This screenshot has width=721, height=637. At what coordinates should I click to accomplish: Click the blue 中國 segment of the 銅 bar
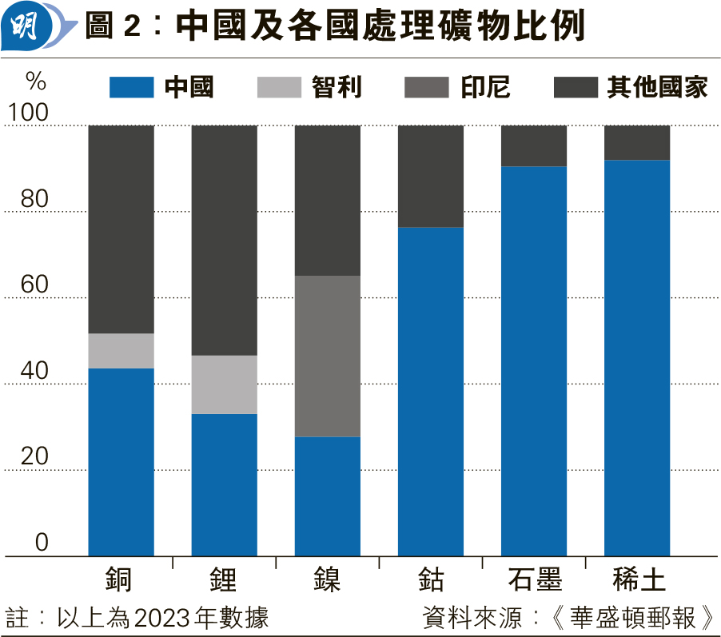121,462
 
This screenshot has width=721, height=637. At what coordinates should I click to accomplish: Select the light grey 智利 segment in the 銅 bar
121,351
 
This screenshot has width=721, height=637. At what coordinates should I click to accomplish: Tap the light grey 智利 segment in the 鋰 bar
224,384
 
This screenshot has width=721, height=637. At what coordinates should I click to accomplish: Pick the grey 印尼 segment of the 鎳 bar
327,356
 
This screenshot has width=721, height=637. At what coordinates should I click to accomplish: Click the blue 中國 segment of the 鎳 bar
327,496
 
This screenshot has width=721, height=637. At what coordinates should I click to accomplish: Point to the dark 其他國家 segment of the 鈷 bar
430,176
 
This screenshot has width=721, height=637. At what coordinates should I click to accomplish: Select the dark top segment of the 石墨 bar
533,145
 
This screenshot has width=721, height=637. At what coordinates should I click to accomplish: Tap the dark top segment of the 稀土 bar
636,142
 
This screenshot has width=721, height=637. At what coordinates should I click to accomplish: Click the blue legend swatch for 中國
131,87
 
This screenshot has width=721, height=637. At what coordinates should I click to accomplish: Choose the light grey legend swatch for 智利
279,87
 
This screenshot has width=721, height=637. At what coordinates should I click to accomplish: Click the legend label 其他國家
657,87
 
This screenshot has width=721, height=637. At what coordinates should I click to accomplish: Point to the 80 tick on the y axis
34,200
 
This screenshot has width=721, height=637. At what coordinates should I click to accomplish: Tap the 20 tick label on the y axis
34,457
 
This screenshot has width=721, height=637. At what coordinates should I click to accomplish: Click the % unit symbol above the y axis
36,81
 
